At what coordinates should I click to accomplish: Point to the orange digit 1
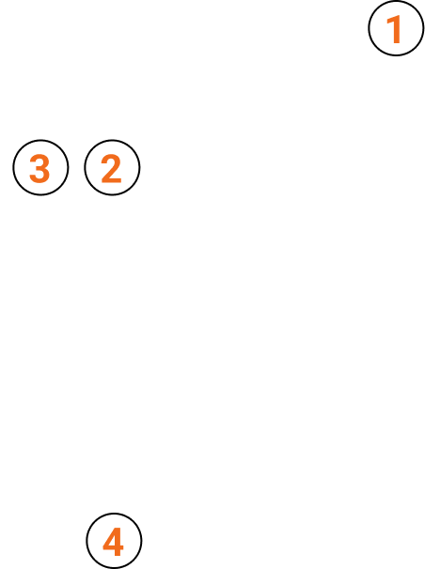click(x=394, y=29)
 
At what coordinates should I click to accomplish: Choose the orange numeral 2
click(x=111, y=168)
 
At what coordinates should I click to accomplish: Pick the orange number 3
click(x=39, y=168)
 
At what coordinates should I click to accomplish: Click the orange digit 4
click(x=114, y=542)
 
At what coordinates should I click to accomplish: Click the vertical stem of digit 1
click(x=397, y=29)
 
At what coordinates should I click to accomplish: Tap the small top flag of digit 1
click(x=390, y=21)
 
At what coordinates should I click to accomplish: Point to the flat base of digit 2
click(x=112, y=179)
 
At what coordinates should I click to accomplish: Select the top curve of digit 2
click(x=111, y=159)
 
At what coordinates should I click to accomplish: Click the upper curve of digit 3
click(x=39, y=160)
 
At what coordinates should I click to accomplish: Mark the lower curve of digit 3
click(x=39, y=177)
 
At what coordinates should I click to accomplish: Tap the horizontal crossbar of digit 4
click(x=114, y=547)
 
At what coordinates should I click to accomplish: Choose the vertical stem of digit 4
click(x=118, y=542)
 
